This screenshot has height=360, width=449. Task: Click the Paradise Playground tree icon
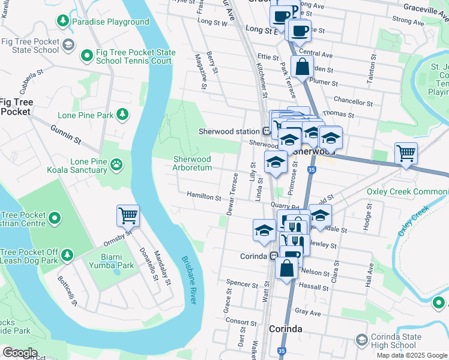click(62, 22)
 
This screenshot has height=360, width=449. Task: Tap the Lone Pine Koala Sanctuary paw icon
click(116, 163)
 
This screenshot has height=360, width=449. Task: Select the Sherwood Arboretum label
click(192, 163)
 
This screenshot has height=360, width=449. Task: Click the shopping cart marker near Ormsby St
click(128, 215)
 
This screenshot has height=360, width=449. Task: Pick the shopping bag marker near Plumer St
click(303, 67)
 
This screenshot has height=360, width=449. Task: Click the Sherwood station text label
click(229, 131)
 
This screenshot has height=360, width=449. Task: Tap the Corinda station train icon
click(274, 256)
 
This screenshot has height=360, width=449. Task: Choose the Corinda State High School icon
click(361, 340)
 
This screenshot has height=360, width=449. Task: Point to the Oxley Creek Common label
click(407, 191)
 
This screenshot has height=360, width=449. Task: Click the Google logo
click(20, 353)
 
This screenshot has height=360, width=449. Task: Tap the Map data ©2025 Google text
click(412, 355)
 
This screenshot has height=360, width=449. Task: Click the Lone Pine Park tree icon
click(122, 114)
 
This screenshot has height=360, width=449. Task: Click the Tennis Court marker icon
click(86, 56)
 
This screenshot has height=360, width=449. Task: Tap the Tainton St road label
click(373, 71)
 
